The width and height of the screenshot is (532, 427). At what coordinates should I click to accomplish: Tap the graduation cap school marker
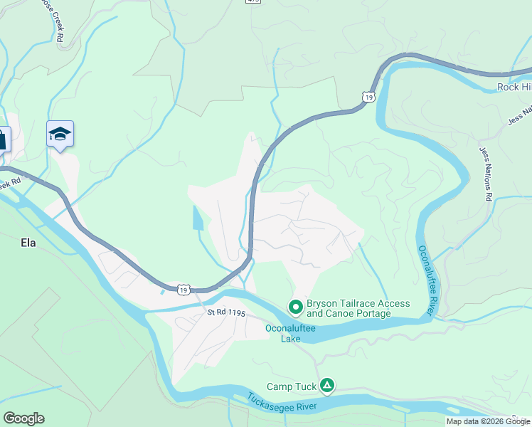[x=60, y=134]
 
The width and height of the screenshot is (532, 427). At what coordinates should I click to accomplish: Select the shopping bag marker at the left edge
[x=3, y=138]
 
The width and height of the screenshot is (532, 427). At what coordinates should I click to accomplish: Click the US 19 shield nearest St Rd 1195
[x=183, y=290]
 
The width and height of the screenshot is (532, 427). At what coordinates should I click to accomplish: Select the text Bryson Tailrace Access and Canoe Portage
[x=358, y=308]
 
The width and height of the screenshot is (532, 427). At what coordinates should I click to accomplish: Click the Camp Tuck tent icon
[x=326, y=386]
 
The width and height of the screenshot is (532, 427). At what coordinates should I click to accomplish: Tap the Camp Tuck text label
[x=290, y=387]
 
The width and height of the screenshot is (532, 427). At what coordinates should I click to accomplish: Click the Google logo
[x=23, y=418]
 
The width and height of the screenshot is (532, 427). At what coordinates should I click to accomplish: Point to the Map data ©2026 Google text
[x=488, y=421]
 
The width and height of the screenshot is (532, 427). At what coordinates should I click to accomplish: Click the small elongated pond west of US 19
[x=196, y=218]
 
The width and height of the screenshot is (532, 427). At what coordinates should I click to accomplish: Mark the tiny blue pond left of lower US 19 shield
[x=163, y=290]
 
